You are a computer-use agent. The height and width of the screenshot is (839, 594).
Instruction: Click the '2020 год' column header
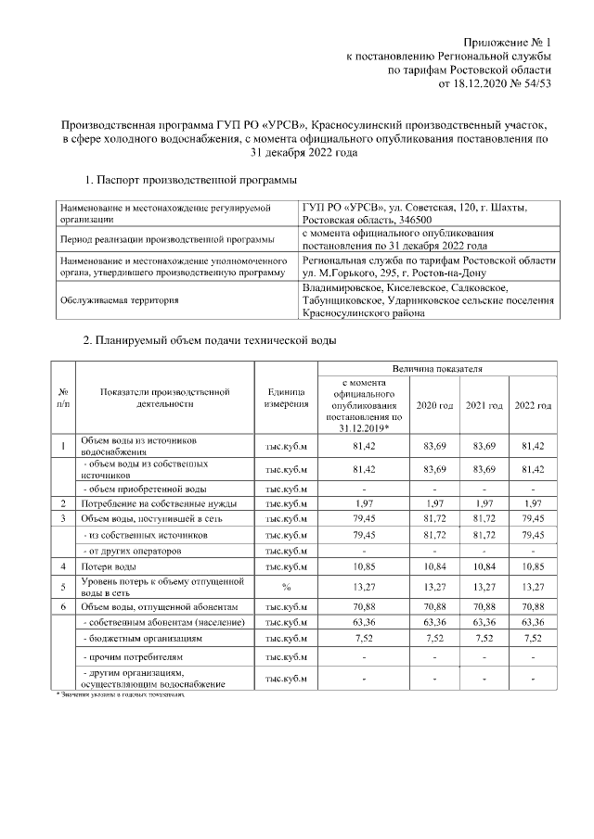click(x=434, y=406)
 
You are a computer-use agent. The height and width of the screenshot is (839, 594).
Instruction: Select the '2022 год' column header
click(x=533, y=406)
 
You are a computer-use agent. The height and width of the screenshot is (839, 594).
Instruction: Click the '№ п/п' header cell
click(x=62, y=400)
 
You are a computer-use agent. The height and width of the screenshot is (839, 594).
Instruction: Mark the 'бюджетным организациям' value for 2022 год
click(x=533, y=639)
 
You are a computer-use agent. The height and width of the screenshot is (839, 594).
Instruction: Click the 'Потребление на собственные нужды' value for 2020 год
click(x=434, y=503)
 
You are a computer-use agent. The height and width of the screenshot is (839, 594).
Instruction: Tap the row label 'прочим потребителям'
click(x=128, y=657)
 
